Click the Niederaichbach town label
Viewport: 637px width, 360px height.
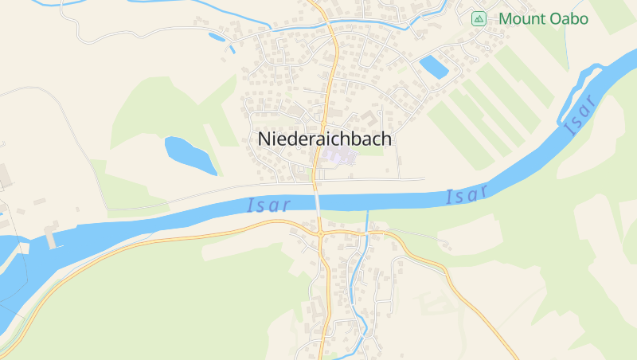point(325,139)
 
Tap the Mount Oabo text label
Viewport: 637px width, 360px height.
point(543,19)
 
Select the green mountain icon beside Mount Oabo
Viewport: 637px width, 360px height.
point(479,19)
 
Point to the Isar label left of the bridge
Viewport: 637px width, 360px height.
point(269,205)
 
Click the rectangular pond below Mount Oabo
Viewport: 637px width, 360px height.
point(434,67)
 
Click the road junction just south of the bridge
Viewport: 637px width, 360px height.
point(319,233)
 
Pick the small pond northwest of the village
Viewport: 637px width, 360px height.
point(217,36)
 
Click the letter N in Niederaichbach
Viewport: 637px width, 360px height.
point(264,139)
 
